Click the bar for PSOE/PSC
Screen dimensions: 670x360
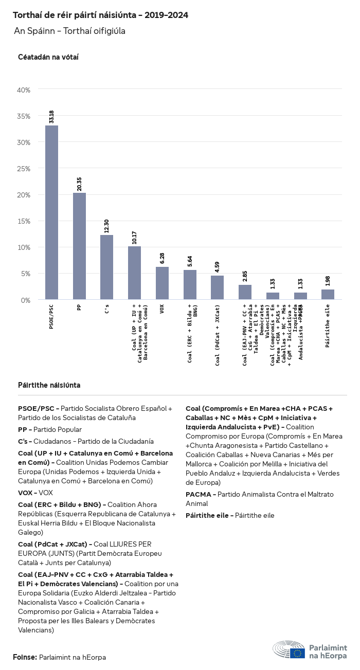tap(51, 212)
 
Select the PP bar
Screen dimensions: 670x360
tap(79, 246)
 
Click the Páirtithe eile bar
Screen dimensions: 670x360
tap(328, 295)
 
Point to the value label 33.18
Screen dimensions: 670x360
tap(51, 117)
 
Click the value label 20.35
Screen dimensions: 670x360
tap(79, 184)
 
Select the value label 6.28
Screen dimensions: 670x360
tap(162, 258)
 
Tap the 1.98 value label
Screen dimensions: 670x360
tap(328, 281)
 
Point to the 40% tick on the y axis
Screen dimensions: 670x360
tap(24, 90)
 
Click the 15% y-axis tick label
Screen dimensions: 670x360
tap(24, 221)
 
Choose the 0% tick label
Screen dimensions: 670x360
tap(26, 300)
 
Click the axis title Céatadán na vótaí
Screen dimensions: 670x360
tap(48, 57)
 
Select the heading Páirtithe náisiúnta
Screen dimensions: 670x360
tap(49, 385)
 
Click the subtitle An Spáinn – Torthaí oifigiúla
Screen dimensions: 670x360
tap(69, 31)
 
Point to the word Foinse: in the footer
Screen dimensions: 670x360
tap(25, 657)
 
